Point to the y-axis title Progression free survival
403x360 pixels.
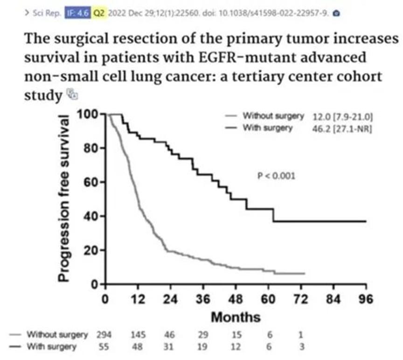pyautogui.click(x=65, y=198)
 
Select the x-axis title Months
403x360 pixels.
pyautogui.click(x=236, y=317)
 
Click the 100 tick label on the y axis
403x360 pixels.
pyautogui.click(x=87, y=115)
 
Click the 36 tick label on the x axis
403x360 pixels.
pyautogui.click(x=203, y=299)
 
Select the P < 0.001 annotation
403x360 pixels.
pyautogui.click(x=276, y=176)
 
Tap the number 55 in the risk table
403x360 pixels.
pyautogui.click(x=105, y=346)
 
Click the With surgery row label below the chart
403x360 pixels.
pyautogui.click(x=52, y=346)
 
